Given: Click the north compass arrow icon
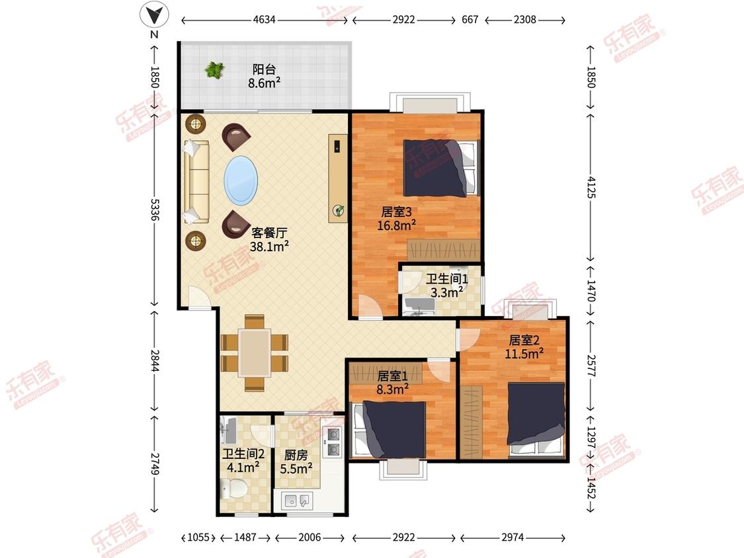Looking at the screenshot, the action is point(154,15).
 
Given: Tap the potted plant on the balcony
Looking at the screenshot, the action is point(214,70).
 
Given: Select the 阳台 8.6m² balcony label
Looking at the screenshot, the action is point(265,76).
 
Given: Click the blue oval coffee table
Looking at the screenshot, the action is point(241,180).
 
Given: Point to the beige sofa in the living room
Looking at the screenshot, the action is point(196,182).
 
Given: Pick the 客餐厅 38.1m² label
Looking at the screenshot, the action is point(269,239).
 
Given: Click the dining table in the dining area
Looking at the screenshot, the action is point(255,352).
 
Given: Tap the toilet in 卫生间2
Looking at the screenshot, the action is point(233,488).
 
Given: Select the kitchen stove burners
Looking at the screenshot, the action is point(333,441).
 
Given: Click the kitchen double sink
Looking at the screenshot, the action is point(297,500).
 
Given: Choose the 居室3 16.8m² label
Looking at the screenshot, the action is point(397,218).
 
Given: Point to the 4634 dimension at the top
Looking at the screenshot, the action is point(265,19).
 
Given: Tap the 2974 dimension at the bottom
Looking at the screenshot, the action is point(513,537).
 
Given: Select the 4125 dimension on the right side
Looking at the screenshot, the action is point(591,187).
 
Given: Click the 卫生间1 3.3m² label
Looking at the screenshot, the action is point(446,286).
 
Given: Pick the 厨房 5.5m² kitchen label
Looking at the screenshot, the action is point(296,462).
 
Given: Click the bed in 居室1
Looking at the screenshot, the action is point(389,430).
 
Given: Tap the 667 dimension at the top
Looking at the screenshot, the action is point(470,19).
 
